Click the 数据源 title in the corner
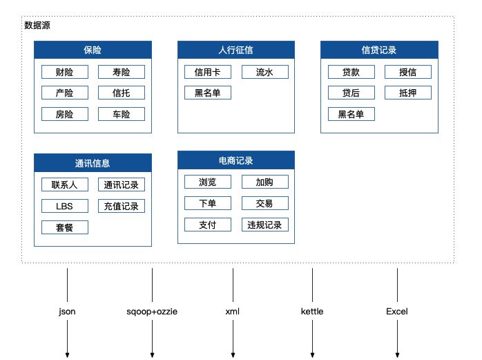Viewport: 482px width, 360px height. (37, 26)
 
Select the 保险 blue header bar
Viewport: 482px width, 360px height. (93, 50)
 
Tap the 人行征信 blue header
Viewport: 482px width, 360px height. (235, 50)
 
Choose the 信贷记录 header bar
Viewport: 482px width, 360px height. (379, 50)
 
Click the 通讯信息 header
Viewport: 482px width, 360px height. (93, 163)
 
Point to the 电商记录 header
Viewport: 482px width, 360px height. (235, 160)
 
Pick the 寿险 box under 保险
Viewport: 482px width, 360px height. (122, 72)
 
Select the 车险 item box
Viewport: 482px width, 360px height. (122, 114)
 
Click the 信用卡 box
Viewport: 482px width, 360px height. (208, 72)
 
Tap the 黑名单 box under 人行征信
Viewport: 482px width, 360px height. (208, 93)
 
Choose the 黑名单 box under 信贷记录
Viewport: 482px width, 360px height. (351, 114)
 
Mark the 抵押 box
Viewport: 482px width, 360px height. (407, 93)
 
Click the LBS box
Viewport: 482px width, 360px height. (64, 206)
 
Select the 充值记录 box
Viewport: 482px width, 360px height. (122, 206)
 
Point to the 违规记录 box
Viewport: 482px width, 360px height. (265, 225)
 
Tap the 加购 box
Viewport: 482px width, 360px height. (265, 182)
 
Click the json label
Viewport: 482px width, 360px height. (68, 312)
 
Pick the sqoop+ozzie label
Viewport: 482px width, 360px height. (152, 312)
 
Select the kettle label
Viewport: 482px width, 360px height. (312, 312)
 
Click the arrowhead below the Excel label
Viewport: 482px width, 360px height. (397, 354)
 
